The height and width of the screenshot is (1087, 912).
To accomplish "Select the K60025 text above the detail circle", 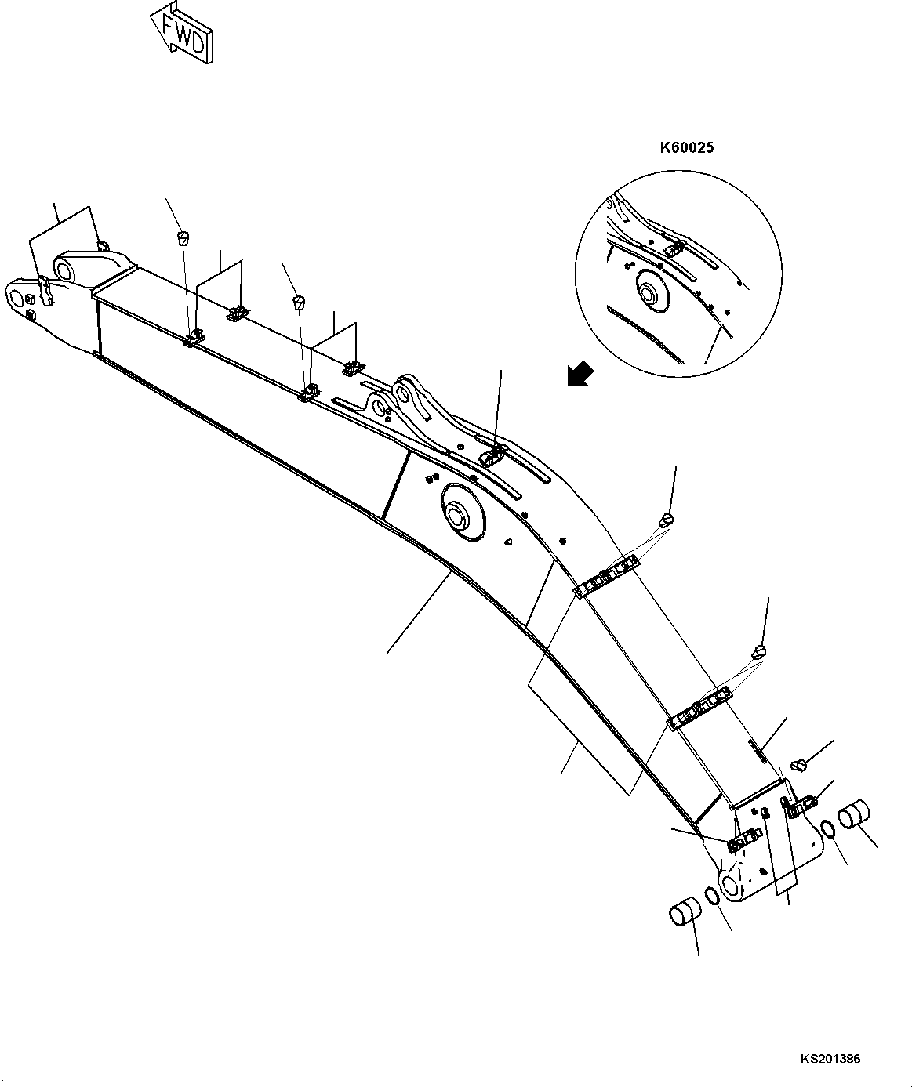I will tap(686, 147).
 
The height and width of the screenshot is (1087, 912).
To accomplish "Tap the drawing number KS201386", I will tap(830, 1060).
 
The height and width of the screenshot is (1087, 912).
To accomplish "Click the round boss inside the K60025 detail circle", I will tap(650, 292).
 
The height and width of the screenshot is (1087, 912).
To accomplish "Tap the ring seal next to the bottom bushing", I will tap(714, 896).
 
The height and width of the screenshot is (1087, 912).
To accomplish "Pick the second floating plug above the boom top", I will tap(298, 301).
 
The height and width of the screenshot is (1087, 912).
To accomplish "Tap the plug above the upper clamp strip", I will tap(667, 518).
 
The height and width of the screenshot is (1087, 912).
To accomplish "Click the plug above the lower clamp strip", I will tap(759, 650).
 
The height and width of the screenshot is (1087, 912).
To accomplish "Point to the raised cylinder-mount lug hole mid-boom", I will tap(405, 390).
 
